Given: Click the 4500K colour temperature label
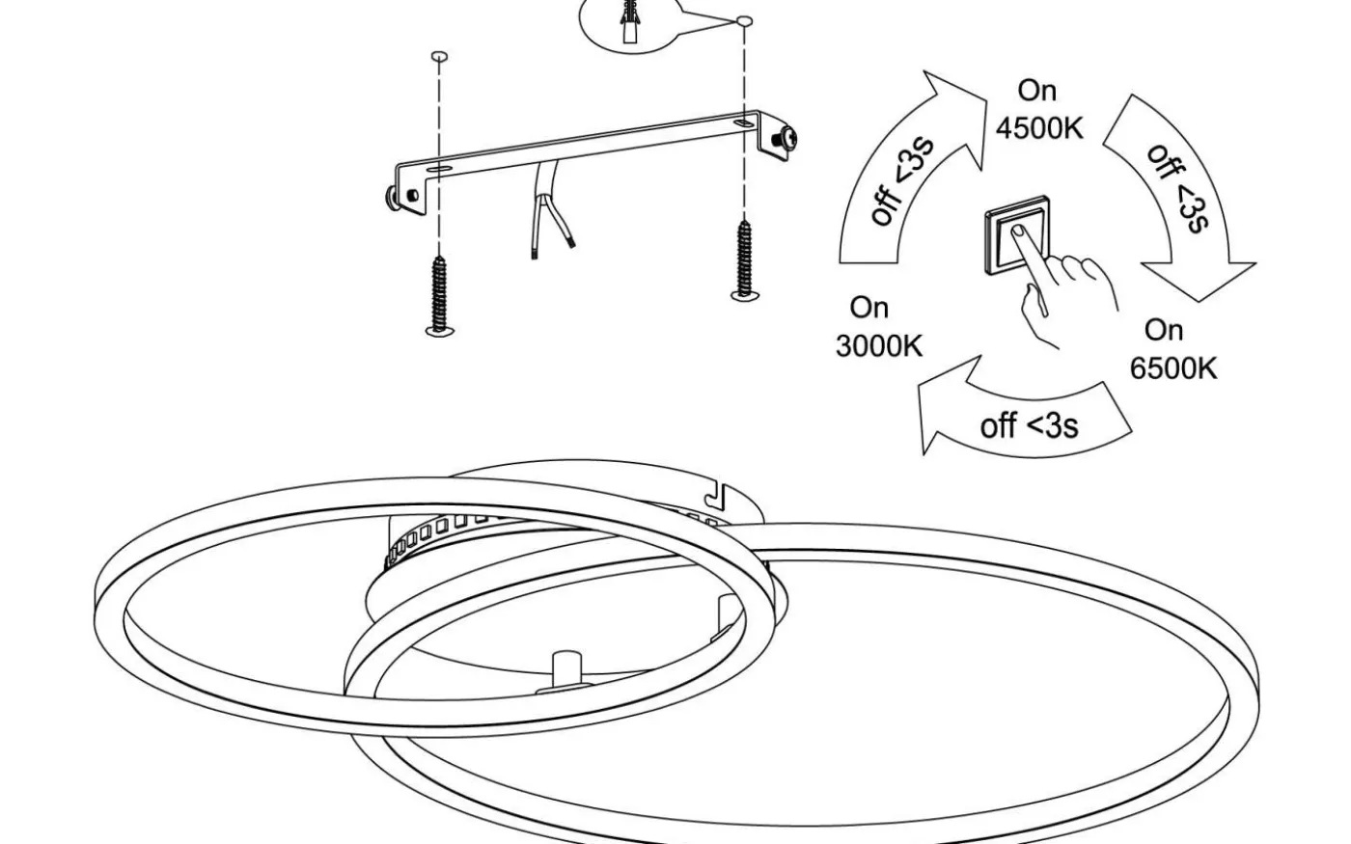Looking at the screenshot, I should point(1038,127).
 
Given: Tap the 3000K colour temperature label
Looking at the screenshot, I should point(878,345).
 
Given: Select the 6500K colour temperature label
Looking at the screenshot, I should point(1172,368).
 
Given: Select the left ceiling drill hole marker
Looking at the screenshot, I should point(439,57).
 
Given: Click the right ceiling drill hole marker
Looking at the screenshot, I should point(743,20).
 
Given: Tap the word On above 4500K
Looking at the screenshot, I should point(1037,91).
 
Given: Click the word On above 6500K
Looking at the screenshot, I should point(1163,330).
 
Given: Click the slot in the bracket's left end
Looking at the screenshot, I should point(436,170).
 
